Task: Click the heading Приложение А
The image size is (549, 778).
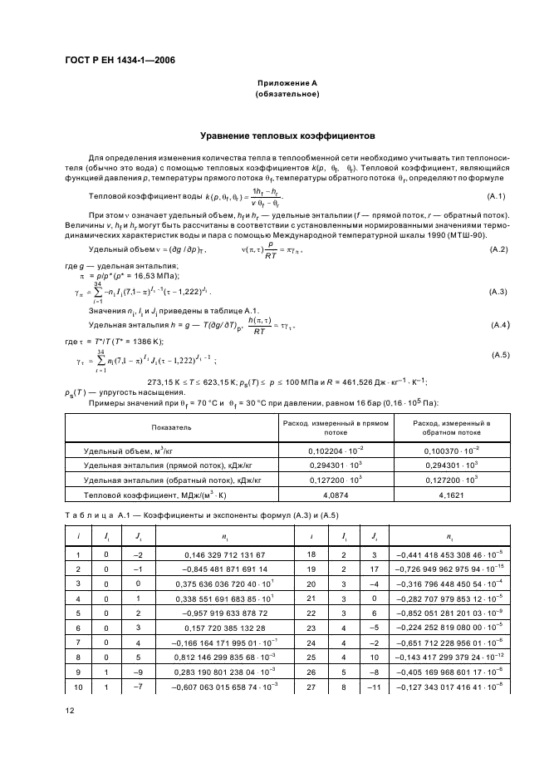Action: click(x=287, y=84)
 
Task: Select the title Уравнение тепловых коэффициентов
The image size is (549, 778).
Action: click(x=287, y=133)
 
